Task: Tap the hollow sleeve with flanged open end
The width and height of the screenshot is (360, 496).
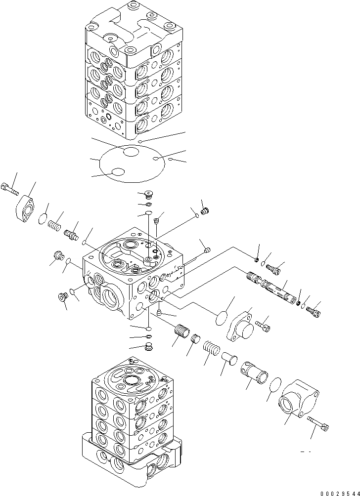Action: click(x=253, y=371)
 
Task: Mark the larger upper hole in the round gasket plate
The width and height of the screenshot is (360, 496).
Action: click(x=131, y=152)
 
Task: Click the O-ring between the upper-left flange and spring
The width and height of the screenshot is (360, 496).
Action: click(x=43, y=219)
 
